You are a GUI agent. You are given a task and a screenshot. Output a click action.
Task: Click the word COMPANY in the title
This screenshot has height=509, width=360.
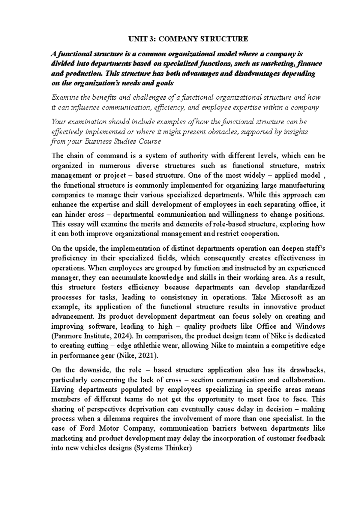tap(178, 39)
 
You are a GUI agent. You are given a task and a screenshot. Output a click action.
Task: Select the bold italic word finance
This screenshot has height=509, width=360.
tap(310, 64)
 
